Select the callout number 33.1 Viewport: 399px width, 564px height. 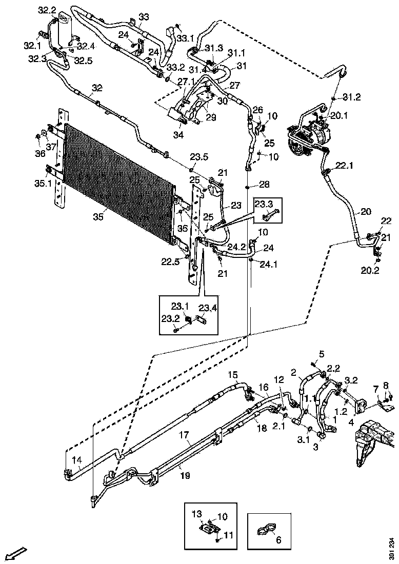[x=185, y=38]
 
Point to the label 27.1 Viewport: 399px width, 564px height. [x=186, y=82]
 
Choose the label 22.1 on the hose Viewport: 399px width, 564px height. [x=345, y=166]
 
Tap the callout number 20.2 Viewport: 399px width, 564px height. [x=369, y=271]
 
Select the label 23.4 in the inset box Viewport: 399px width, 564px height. [x=208, y=308]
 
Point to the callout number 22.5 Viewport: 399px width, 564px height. [x=170, y=263]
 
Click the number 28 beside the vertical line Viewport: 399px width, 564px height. [x=264, y=185]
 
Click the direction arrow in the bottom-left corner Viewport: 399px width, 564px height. [x=16, y=553]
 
